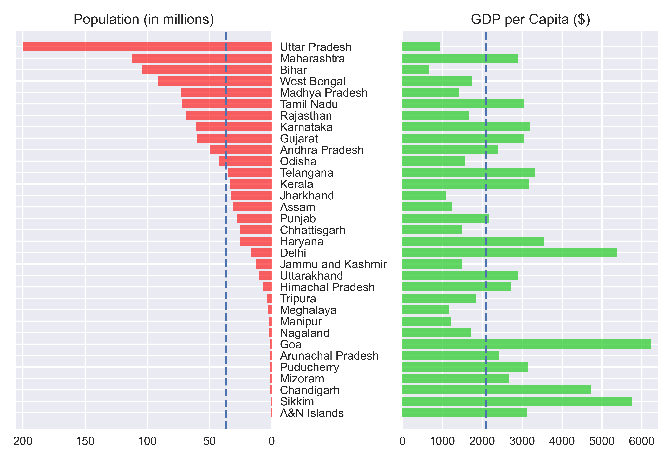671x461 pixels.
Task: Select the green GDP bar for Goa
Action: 526,344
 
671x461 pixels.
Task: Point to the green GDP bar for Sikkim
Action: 517,401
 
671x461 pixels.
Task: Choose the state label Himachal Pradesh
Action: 327,287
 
